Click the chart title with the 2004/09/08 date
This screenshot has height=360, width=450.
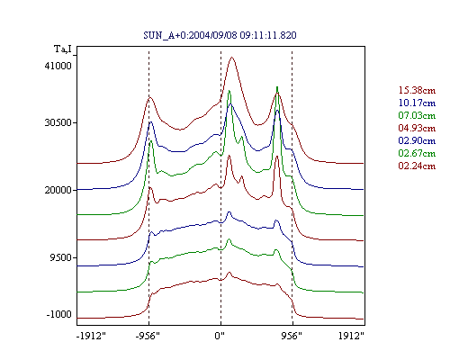[220, 35]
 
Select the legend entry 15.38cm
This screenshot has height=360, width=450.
[417, 90]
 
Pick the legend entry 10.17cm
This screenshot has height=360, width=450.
[417, 103]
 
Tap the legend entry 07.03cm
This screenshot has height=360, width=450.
[417, 115]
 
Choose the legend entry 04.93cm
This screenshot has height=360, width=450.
[417, 128]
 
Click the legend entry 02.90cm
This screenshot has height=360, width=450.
[417, 140]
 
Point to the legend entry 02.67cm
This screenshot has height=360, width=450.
[417, 153]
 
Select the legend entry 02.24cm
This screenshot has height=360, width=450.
[417, 166]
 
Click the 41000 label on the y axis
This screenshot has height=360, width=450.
[58, 66]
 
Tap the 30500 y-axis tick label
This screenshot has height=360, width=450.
[58, 122]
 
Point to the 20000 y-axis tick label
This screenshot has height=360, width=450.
[58, 190]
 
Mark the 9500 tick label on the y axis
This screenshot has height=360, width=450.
[61, 257]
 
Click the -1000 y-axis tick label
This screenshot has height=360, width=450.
[59, 314]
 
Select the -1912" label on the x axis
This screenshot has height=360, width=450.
[92, 336]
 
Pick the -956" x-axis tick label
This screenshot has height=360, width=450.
[148, 336]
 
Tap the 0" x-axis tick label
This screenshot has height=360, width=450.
[220, 336]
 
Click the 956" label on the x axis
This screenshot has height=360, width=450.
[292, 336]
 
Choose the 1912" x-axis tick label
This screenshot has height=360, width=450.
[351, 336]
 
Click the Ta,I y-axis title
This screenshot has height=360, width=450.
[63, 49]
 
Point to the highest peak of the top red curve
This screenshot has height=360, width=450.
[231, 57]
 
